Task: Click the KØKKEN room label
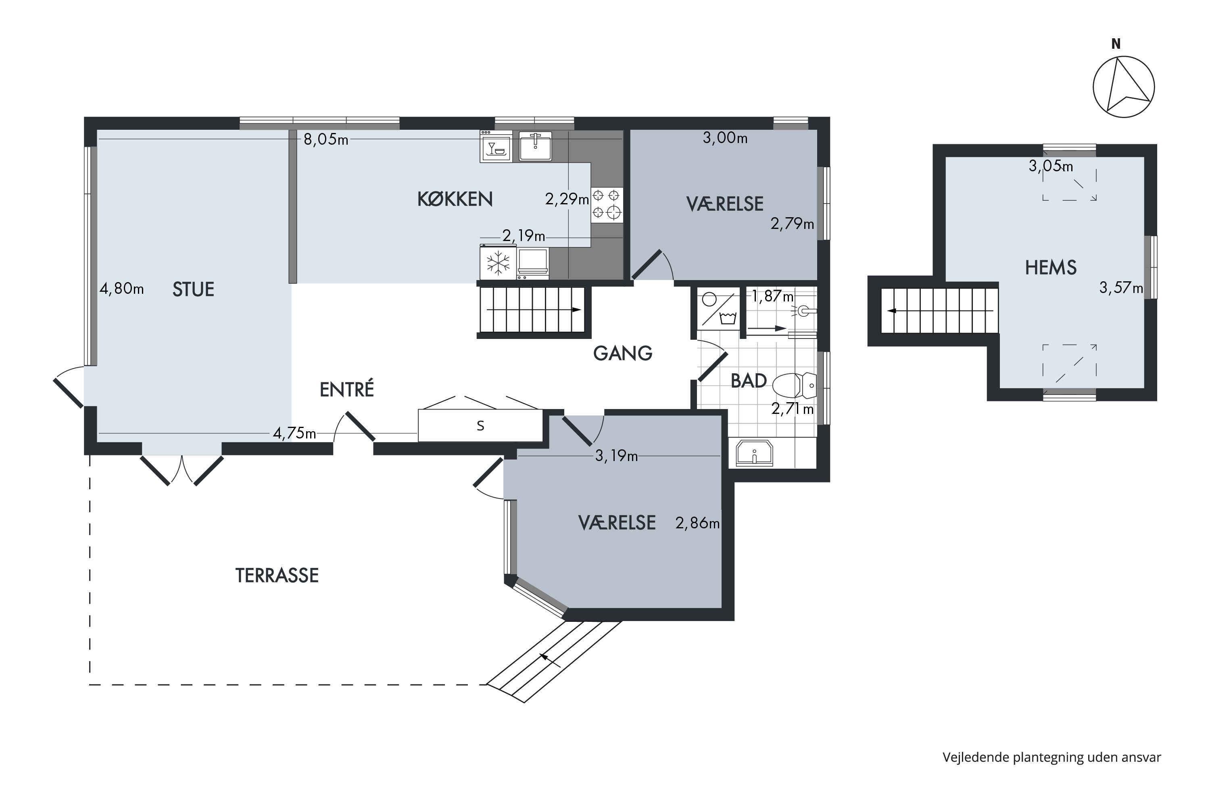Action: coord(455,199)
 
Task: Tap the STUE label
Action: coord(193,289)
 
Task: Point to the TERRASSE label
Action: coord(277,575)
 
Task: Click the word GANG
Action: coord(622,353)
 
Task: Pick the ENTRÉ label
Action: coord(347,389)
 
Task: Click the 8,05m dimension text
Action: coord(325,139)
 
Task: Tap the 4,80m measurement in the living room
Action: coord(121,289)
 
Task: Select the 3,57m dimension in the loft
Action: coord(1121,287)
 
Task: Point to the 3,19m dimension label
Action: coord(616,455)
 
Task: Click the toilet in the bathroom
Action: coord(794,385)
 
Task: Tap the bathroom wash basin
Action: coord(754,452)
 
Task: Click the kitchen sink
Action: coord(535,145)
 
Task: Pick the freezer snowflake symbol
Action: coord(498,263)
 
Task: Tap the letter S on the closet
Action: coord(480,426)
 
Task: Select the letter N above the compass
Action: coord(1115,44)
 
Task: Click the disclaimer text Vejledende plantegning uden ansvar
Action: coord(1051,757)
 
